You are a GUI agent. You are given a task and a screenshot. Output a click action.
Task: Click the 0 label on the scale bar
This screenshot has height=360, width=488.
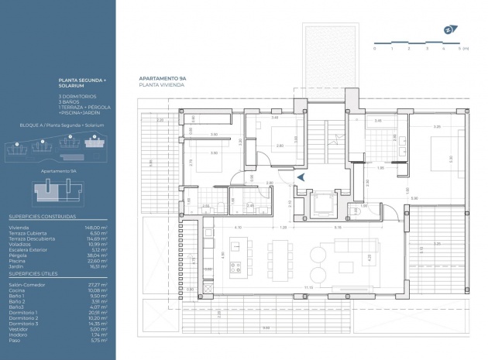375,48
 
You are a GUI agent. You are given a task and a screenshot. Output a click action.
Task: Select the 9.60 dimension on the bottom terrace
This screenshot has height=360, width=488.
266,327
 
